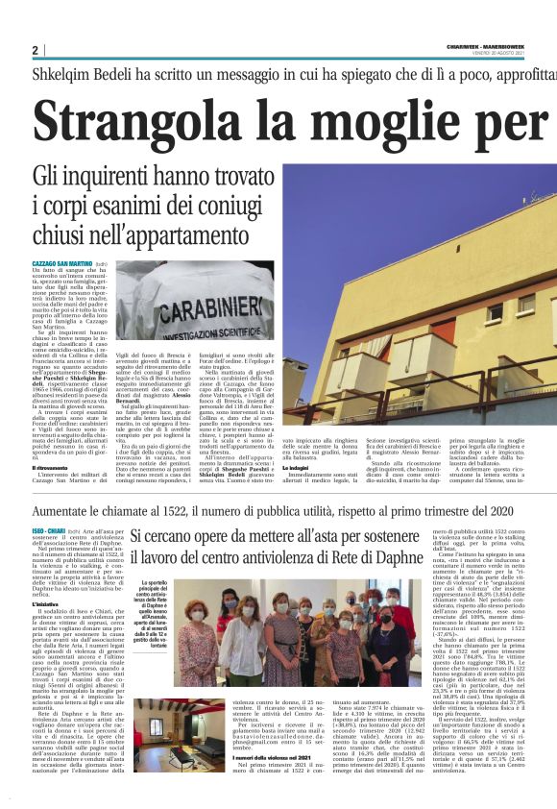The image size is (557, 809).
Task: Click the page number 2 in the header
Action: [36, 49]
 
